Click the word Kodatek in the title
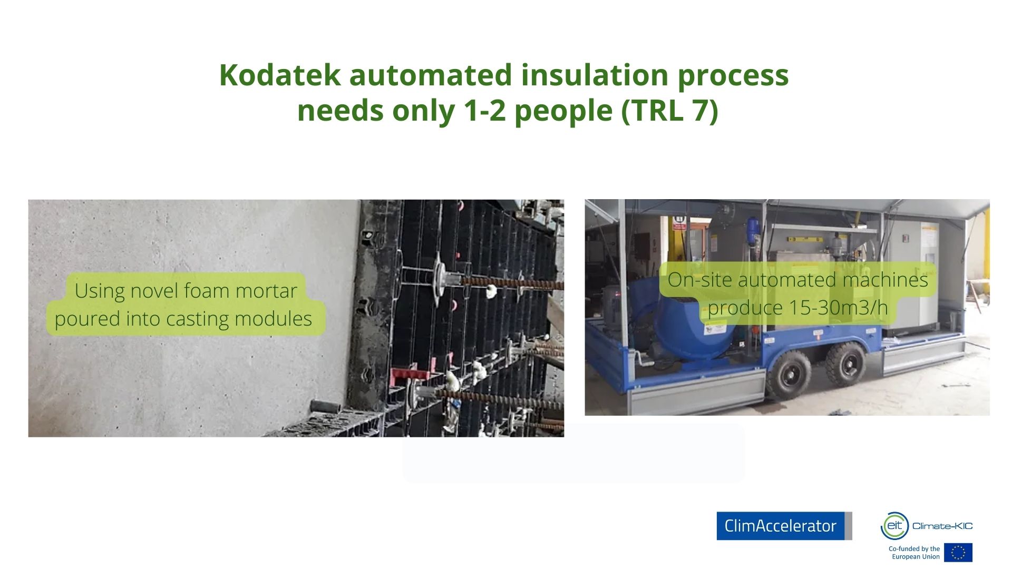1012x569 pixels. [x=279, y=75]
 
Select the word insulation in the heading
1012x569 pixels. [x=594, y=75]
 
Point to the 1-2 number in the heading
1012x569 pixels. [x=484, y=111]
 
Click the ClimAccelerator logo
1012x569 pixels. [x=784, y=526]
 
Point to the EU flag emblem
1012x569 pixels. [x=958, y=553]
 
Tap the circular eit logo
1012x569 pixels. [x=894, y=526]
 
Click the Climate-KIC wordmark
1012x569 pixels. [x=942, y=526]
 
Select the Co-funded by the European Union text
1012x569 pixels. [x=914, y=553]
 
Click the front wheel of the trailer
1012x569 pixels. [x=790, y=372]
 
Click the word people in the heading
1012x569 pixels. [x=563, y=112]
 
